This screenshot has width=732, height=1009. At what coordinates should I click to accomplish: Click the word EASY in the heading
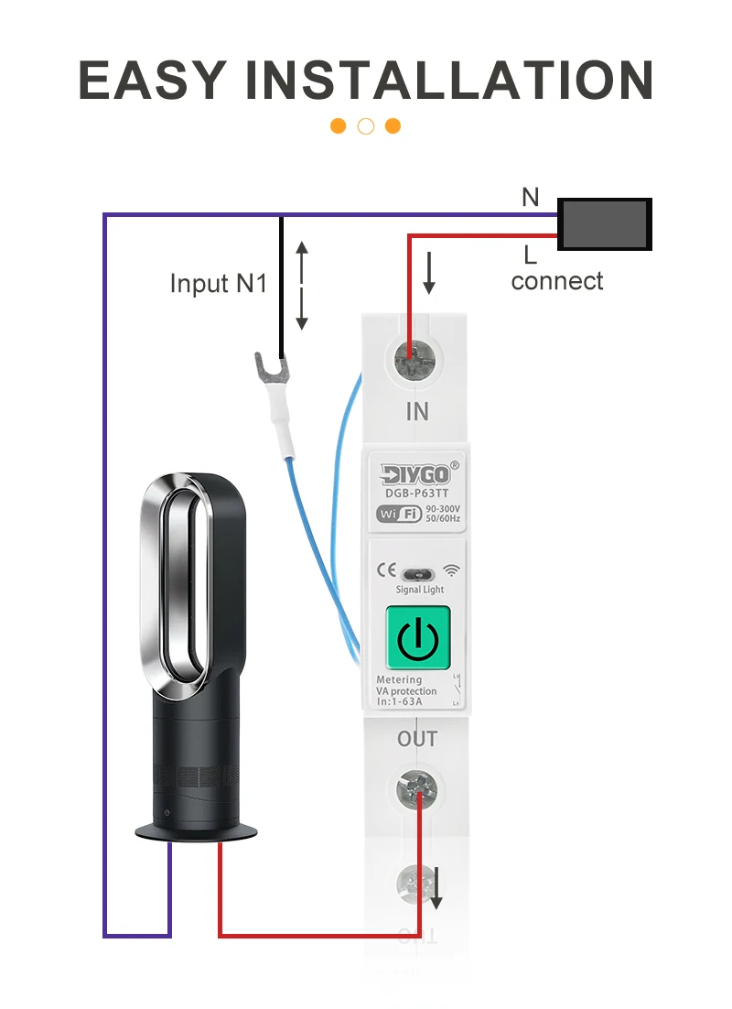tap(152, 80)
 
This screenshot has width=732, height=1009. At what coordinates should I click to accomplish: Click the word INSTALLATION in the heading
tap(449, 80)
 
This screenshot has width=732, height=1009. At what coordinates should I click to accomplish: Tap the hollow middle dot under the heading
tap(366, 126)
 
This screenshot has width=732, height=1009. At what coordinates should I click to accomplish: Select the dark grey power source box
tap(605, 224)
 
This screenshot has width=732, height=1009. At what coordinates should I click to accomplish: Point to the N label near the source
tap(531, 197)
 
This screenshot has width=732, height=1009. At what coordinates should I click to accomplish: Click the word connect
tap(557, 280)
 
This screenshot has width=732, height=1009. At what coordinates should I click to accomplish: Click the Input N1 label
tap(219, 283)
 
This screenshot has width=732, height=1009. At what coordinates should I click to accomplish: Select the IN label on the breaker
tap(416, 411)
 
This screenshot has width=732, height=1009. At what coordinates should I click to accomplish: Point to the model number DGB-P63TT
tap(417, 494)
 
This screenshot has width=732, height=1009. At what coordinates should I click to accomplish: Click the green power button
tap(417, 638)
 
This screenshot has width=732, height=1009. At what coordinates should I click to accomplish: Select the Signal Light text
tap(419, 590)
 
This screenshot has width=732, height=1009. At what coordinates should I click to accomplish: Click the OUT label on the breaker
tap(417, 738)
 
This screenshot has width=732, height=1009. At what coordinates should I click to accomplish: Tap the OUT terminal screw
tap(416, 789)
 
